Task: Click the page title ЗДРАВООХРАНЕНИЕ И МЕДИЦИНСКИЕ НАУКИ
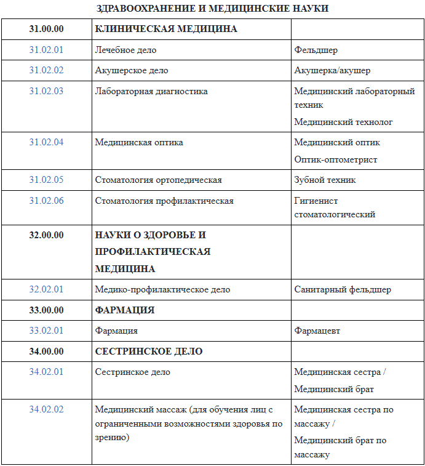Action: click(x=213, y=8)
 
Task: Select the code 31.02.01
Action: click(x=46, y=50)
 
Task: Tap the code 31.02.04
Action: click(x=46, y=142)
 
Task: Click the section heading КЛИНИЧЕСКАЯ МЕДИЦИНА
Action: click(x=166, y=29)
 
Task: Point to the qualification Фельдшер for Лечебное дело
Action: click(x=316, y=50)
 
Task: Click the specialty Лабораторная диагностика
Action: click(x=151, y=91)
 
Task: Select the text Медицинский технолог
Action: click(x=343, y=122)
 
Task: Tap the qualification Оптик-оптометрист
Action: click(x=336, y=159)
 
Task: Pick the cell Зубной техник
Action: click(x=325, y=180)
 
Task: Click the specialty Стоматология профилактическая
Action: click(x=164, y=201)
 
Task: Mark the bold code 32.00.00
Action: click(x=46, y=235)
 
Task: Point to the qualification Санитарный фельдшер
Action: click(x=343, y=289)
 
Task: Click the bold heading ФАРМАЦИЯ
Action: click(x=125, y=310)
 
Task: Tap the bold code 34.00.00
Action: click(x=46, y=352)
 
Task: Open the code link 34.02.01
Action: click(x=46, y=372)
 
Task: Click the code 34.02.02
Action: click(x=46, y=409)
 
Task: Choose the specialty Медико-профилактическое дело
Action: click(x=162, y=289)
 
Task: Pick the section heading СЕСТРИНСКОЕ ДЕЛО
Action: click(x=149, y=352)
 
